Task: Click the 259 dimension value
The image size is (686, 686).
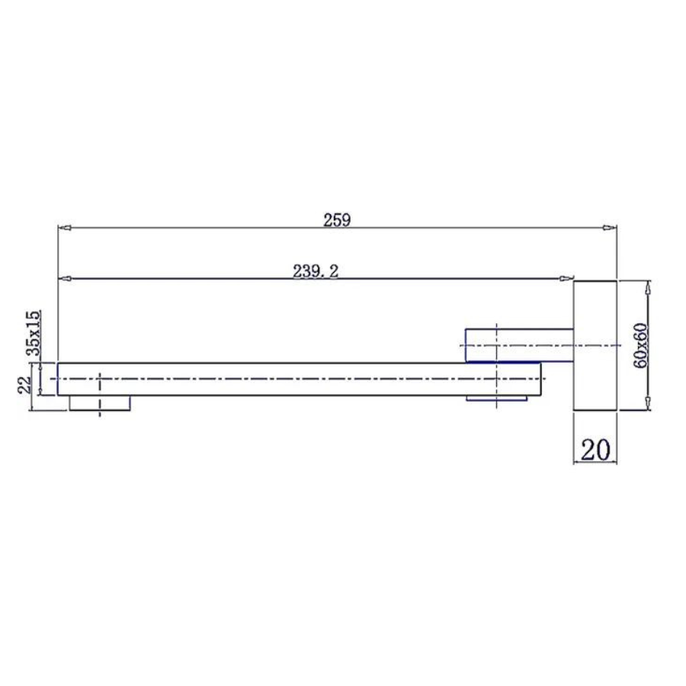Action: (337, 220)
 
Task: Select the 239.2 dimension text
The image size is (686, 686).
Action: (316, 271)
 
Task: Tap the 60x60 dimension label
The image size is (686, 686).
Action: (640, 345)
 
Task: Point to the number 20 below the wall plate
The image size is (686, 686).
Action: (595, 449)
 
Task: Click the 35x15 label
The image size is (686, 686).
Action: (34, 332)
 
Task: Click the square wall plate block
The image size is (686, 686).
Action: (595, 345)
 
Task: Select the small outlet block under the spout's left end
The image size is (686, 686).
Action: (100, 403)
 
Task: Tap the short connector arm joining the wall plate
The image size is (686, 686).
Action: (519, 345)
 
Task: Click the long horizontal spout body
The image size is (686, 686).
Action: (300, 379)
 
